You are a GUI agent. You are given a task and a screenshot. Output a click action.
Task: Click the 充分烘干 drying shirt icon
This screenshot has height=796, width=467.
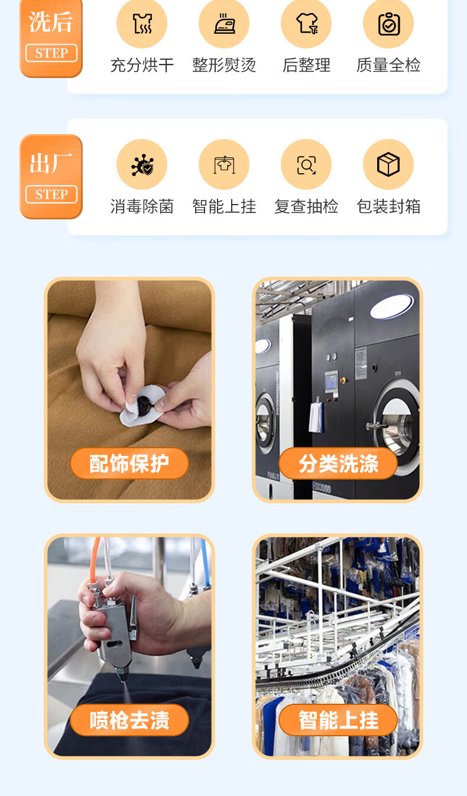142,24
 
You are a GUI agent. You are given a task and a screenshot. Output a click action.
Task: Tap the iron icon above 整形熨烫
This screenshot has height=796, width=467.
225,24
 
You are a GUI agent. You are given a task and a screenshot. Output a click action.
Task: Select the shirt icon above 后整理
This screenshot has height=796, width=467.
307,24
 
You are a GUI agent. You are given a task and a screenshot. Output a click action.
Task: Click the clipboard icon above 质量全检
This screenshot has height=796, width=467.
389,24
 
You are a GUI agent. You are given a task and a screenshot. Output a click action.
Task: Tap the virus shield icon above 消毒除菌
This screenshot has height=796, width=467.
142,164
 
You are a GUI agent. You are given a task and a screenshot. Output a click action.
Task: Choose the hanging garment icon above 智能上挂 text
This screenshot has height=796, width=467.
224,165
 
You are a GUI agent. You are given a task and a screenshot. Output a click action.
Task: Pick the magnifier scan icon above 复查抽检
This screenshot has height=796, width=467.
306,165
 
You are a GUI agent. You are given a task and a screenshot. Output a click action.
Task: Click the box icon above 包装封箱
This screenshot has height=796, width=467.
388,164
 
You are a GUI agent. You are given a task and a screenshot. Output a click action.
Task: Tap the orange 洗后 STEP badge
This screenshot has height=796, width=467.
51,38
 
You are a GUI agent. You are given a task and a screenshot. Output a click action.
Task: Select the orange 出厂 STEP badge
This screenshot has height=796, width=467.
51,177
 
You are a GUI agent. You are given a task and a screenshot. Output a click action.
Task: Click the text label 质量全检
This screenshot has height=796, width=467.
388,66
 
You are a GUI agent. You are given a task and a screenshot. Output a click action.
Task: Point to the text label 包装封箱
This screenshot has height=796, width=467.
388,206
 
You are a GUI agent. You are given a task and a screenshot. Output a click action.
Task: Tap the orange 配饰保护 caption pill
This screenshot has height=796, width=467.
129,464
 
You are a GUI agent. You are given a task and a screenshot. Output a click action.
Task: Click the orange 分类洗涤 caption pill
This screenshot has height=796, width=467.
338,464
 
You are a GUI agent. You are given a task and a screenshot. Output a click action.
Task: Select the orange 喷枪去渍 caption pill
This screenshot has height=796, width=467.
129,720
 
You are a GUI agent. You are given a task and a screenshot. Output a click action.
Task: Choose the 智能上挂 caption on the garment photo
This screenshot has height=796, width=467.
338,720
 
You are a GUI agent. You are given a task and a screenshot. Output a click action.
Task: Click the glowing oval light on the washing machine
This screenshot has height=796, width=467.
392,306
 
